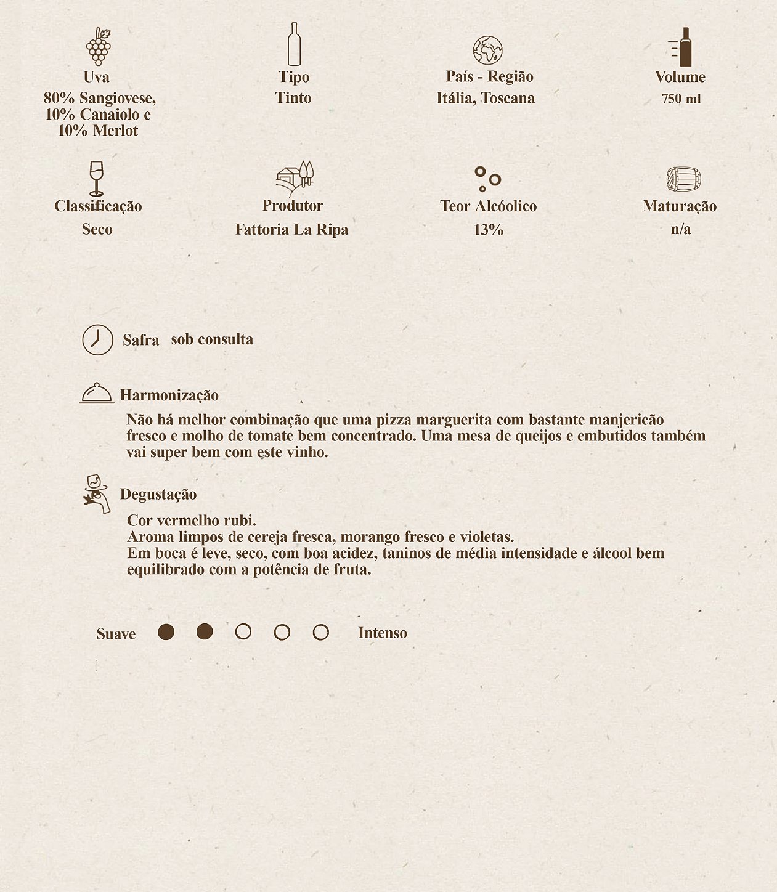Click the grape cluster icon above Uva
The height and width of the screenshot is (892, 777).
point(98,46)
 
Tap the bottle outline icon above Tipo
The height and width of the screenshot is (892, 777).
point(294,44)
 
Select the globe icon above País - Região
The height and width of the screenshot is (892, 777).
point(487,51)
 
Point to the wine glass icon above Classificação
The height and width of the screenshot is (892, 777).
point(96,178)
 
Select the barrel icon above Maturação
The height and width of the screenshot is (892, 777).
point(683,179)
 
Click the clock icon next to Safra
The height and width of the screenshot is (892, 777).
point(98,340)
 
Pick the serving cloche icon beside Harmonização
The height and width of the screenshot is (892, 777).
point(97,393)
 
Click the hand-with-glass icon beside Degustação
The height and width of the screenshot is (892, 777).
point(97,493)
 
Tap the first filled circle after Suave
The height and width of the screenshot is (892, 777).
point(166,632)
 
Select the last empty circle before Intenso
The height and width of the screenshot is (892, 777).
point(320,632)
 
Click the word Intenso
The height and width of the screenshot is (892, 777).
point(382,633)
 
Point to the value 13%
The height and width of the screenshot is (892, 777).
point(489,230)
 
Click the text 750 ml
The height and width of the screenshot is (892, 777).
point(681,99)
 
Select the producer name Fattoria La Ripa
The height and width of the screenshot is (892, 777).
point(291,230)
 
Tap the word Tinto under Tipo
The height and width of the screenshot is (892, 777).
point(293,98)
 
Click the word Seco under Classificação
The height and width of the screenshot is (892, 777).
point(97,229)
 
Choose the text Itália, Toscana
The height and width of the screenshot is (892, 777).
point(486,99)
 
